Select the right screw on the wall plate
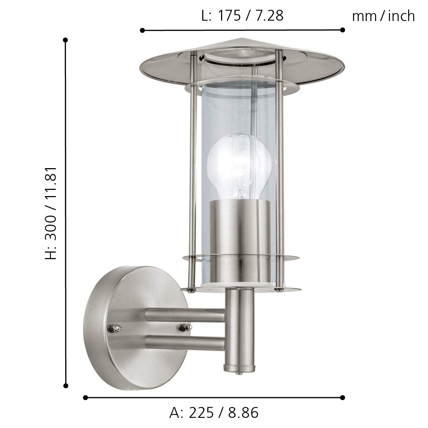coord(183,328)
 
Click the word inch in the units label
coord(401,16)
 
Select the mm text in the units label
coord(365,16)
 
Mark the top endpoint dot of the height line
coord(66,40)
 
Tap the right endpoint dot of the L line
coord(342,30)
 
